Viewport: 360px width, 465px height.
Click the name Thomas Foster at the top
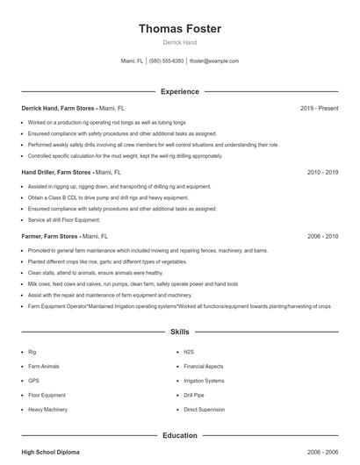point(180,29)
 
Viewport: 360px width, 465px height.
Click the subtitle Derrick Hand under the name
point(180,43)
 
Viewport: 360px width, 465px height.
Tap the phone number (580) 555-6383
point(166,61)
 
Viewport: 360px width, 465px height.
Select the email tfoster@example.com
point(215,61)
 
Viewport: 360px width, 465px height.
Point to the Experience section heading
point(180,91)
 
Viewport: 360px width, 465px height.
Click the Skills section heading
point(180,333)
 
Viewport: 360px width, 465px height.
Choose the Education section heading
point(180,435)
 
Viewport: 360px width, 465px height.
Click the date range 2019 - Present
point(319,108)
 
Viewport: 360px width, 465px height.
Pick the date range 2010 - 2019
point(322,172)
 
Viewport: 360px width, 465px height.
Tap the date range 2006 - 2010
point(322,236)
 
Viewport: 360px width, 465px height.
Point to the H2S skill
point(189,352)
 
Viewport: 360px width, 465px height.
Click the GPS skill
point(33,381)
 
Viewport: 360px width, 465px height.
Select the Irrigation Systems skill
point(205,381)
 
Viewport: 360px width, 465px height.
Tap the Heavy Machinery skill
point(47,410)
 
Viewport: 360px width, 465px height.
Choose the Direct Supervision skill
point(205,410)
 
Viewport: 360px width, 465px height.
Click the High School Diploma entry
point(50,452)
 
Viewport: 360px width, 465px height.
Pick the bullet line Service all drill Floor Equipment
point(64,219)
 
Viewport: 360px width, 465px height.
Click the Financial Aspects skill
point(204,366)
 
